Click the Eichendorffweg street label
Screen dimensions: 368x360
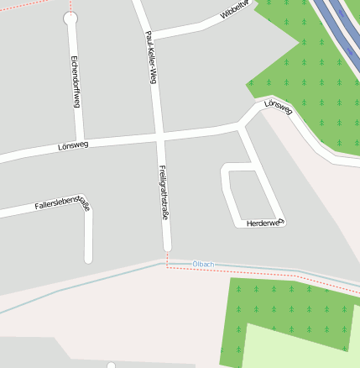tap(76, 84)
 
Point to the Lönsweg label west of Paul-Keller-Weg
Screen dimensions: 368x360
tap(74, 145)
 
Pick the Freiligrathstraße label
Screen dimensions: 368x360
tap(164, 193)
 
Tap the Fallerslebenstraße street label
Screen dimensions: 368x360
tap(62, 202)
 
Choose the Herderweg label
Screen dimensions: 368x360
tap(265, 223)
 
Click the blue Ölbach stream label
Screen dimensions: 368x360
tap(204, 265)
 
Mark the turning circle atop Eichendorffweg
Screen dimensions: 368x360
tap(70, 18)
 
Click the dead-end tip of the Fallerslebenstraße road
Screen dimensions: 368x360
tap(88, 258)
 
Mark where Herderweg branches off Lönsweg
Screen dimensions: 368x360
tap(242, 127)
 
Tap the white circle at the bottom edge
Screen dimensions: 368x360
tap(112, 365)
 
